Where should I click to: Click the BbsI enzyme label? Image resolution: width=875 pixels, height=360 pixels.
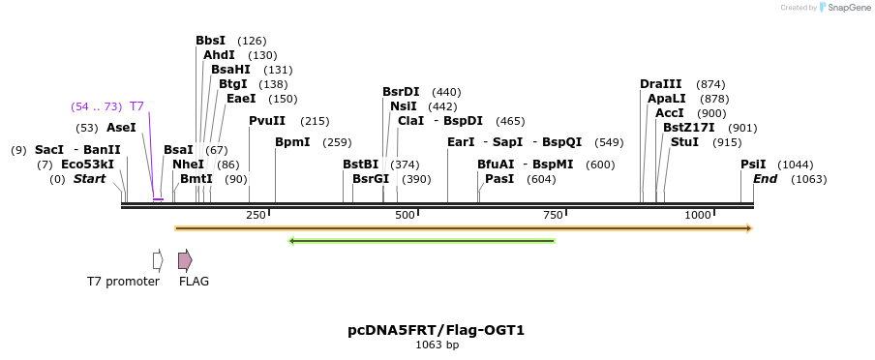[210, 41]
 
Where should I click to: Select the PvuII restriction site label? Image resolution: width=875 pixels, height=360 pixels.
[267, 121]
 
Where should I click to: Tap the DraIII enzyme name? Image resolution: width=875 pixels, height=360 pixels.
[659, 84]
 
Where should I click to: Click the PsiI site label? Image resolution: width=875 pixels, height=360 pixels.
[753, 165]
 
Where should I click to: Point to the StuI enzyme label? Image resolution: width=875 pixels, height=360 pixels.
[684, 142]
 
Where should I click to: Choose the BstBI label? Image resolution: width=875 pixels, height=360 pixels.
[360, 165]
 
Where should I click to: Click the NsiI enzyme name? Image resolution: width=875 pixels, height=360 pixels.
[404, 106]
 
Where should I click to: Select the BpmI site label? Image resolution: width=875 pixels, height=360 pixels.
[292, 142]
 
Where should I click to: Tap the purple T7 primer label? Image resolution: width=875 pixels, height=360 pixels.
[136, 106]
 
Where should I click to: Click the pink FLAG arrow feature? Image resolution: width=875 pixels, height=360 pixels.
[185, 260]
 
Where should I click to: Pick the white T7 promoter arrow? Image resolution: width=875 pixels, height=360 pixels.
[158, 260]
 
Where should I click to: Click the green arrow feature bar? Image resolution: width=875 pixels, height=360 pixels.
[422, 241]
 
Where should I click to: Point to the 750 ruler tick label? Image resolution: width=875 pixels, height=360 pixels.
[553, 215]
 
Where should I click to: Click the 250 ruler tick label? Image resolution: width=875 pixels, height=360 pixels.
[256, 215]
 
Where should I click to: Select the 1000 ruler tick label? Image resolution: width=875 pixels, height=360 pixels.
[698, 215]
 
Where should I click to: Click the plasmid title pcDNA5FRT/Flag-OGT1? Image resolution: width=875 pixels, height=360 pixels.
[437, 330]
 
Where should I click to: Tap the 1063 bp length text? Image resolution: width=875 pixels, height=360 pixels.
[437, 345]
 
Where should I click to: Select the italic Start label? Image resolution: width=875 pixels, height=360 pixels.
[89, 179]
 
